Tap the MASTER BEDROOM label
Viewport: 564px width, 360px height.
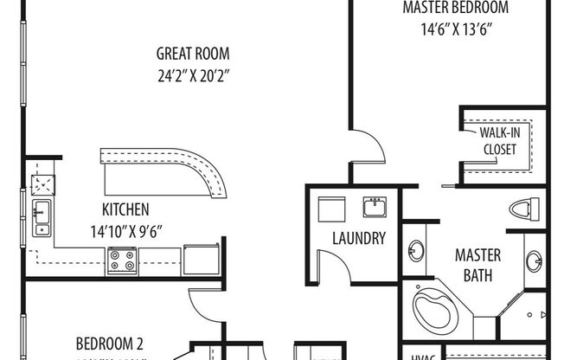pyautogui.click(x=456, y=9)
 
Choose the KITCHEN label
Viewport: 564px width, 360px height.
pyautogui.click(x=126, y=209)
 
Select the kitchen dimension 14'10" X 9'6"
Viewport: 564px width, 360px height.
pyautogui.click(x=126, y=229)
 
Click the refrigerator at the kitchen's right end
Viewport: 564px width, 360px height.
pyautogui.click(x=200, y=258)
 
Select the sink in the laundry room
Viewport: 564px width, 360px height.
pyautogui.click(x=376, y=208)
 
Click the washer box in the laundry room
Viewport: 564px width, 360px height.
pyautogui.click(x=331, y=209)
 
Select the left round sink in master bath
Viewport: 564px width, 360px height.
pyautogui.click(x=416, y=251)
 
